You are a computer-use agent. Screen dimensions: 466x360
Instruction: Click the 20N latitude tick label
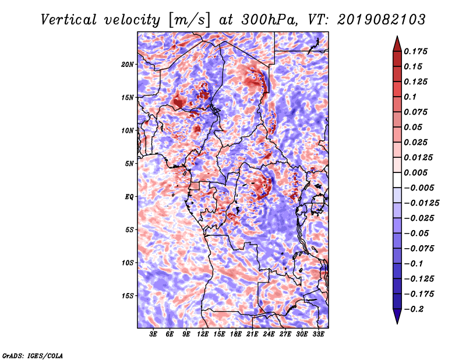coord(128,65)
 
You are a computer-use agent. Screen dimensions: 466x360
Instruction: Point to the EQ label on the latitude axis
coord(129,197)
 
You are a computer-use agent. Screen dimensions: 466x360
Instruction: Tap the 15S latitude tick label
coord(128,296)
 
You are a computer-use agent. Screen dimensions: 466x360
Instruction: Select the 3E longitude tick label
coord(153,334)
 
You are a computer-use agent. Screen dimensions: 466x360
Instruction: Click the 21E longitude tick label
coord(252,334)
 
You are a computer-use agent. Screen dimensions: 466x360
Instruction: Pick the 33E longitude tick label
coord(318,334)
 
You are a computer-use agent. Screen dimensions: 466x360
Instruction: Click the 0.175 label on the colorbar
coord(415,51)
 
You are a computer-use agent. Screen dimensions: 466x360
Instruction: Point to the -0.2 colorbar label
coord(413,309)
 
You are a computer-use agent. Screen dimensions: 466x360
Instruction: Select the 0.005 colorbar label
coord(415,172)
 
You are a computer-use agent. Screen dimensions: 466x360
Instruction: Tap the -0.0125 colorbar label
coord(421,203)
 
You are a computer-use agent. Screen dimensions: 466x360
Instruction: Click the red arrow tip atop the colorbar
coord(397,37)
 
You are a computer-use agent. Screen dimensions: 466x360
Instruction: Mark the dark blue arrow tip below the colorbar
coord(397,323)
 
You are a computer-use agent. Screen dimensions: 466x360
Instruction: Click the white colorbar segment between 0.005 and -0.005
coord(397,180)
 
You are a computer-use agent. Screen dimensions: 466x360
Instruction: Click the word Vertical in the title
coord(69,20)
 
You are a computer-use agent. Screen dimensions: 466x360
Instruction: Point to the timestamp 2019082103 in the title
coord(382,20)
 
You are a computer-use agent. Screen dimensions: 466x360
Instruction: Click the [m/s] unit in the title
coord(189,20)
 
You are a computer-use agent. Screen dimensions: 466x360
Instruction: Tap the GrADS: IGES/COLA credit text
coord(33,355)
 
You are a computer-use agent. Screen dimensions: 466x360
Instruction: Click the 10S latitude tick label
coord(128,263)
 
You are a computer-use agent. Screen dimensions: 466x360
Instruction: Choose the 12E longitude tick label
coord(203,334)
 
